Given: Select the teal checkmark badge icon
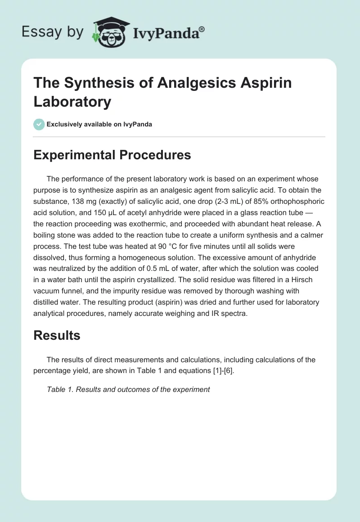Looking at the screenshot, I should [39, 124].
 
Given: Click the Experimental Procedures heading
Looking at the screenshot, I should [112, 155].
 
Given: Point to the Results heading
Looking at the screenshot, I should [57, 335].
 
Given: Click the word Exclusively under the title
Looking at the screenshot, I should [65, 124].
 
